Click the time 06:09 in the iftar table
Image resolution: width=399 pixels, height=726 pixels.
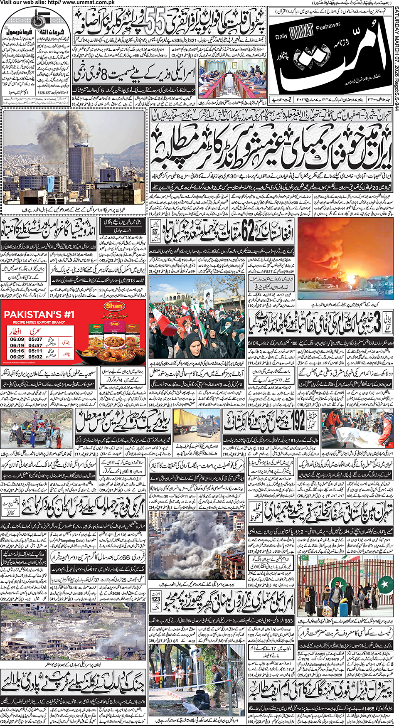tap(17, 340)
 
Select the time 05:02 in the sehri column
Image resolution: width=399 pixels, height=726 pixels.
tap(35, 357)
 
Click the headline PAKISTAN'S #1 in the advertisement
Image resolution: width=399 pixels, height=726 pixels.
tap(39, 315)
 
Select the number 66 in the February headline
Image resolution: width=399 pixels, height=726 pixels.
tap(126, 556)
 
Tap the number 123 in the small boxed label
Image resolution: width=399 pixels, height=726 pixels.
tap(156, 599)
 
